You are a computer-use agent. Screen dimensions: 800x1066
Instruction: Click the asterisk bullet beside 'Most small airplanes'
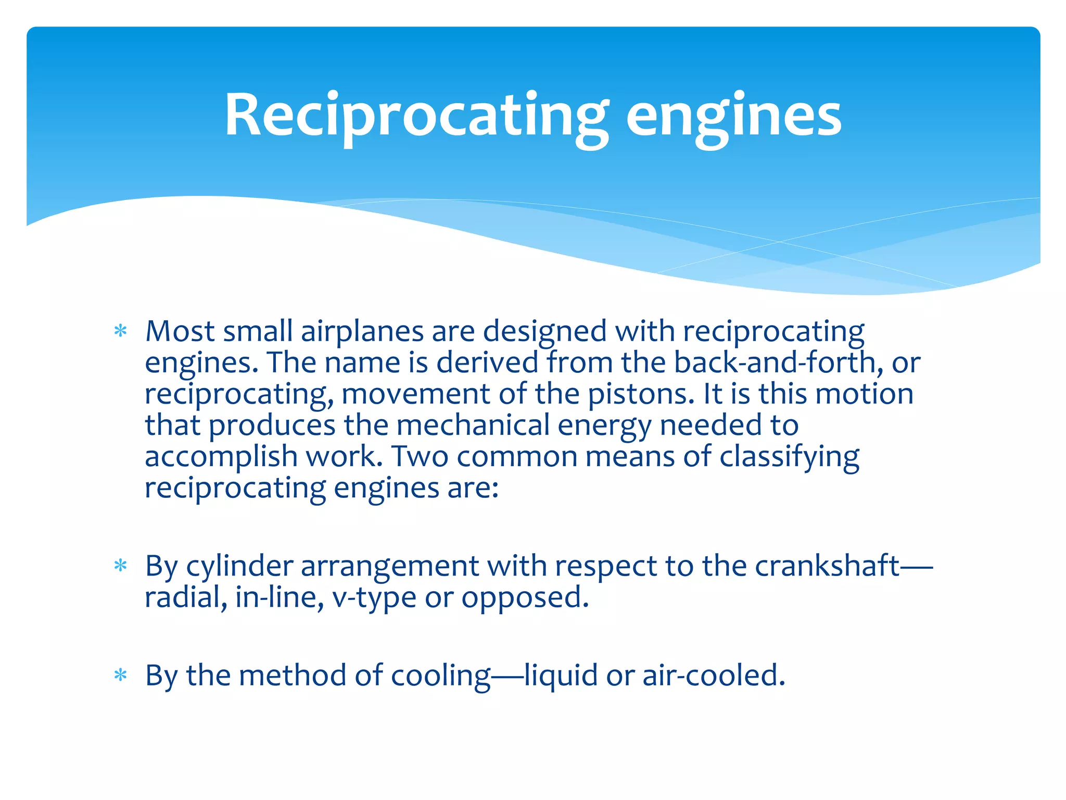coord(121,331)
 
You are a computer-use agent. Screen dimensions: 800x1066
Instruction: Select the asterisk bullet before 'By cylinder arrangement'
coord(121,566)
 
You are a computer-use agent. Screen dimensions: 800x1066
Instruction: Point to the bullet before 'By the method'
coord(121,676)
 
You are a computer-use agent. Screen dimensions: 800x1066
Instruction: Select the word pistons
coord(641,395)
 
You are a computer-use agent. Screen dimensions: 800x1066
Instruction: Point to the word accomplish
coord(221,457)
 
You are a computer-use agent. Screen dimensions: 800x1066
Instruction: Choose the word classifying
coord(789,457)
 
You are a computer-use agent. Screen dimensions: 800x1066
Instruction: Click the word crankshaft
coord(827,566)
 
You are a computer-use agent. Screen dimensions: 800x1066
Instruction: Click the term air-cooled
coord(713,676)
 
